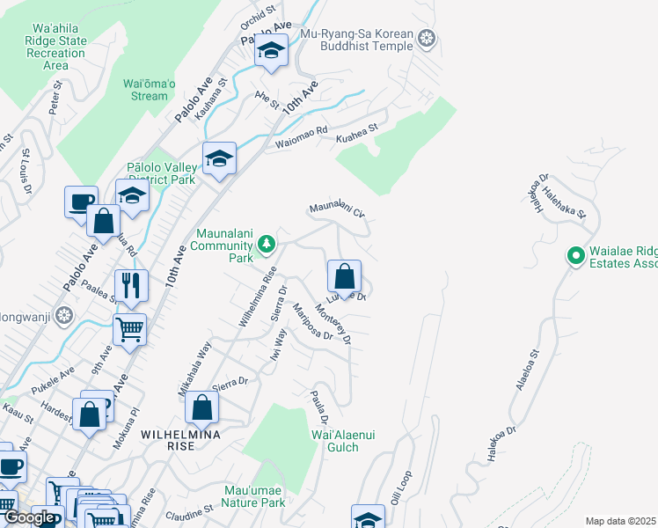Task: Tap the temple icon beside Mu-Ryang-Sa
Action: click(x=427, y=38)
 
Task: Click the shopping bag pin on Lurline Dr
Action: click(x=345, y=276)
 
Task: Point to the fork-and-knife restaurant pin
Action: click(x=130, y=285)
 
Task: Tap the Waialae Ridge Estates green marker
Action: click(x=576, y=256)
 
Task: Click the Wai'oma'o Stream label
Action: click(x=145, y=90)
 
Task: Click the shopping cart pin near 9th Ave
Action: click(x=129, y=330)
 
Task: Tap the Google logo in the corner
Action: click(x=28, y=517)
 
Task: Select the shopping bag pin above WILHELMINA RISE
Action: click(x=201, y=407)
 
